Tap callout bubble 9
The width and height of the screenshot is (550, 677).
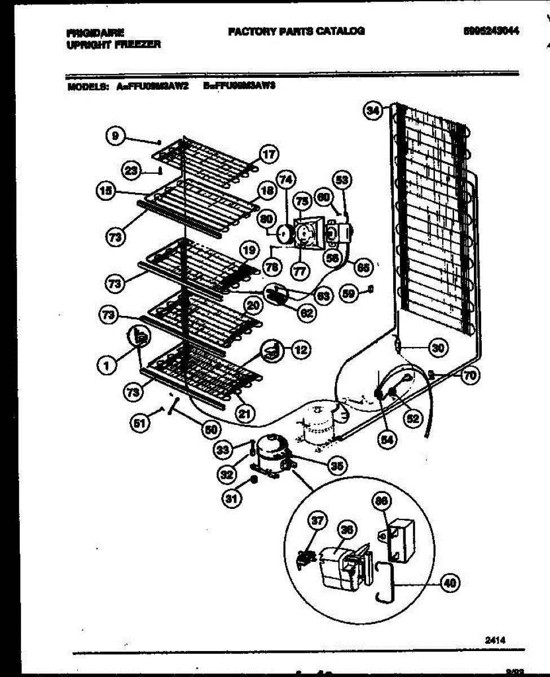tap(115, 135)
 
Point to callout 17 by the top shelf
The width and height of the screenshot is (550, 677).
tap(269, 153)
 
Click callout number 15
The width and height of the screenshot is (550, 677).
tap(104, 191)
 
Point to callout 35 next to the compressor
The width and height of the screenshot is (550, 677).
tap(337, 465)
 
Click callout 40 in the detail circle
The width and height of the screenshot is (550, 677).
tap(450, 583)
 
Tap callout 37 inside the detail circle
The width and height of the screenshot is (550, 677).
tap(318, 521)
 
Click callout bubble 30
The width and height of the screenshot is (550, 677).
tap(437, 348)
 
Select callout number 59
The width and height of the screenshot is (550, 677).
tap(349, 293)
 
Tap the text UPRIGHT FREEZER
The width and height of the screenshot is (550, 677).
tap(113, 45)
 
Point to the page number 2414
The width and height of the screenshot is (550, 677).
tap(494, 640)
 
